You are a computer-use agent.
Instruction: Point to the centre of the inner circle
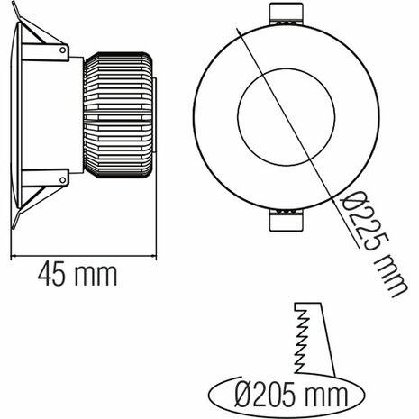pos(286,118)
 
